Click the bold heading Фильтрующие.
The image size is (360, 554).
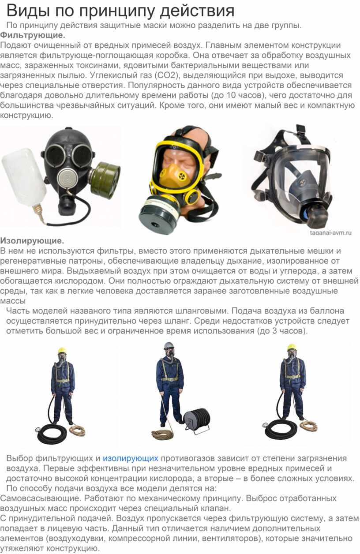point(33,35)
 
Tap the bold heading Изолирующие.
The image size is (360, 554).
point(32,241)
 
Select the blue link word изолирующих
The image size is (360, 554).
point(131,458)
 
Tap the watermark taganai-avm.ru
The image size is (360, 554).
point(330,233)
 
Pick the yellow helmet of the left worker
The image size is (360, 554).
point(62,351)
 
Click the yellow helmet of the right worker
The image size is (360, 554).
point(292,348)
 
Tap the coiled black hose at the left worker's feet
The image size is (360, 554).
point(52,433)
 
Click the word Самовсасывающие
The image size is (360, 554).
point(40,498)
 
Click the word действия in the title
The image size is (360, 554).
point(197,11)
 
